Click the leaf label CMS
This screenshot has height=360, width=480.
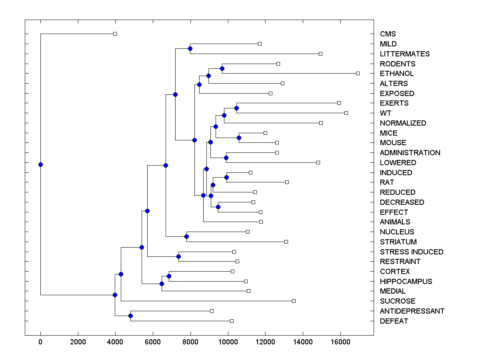(388, 34)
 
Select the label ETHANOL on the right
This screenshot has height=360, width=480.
(397, 74)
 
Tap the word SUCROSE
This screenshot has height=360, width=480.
(398, 301)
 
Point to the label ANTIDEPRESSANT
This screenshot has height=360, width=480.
(412, 311)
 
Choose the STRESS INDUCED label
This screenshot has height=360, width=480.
(412, 252)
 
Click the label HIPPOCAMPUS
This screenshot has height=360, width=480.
(406, 282)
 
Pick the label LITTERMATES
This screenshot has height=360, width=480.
(405, 54)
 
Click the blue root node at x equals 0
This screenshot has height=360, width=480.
(40, 164)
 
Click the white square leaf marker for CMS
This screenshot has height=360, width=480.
(115, 34)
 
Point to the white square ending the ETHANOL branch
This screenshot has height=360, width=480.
(358, 73)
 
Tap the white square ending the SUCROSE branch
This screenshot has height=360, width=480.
(294, 301)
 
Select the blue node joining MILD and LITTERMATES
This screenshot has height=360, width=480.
(190, 49)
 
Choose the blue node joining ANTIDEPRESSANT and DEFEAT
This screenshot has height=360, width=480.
(130, 316)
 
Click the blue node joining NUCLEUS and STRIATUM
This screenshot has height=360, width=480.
(186, 237)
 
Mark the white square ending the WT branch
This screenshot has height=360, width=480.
(346, 113)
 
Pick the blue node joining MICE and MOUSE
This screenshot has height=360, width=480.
(239, 138)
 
